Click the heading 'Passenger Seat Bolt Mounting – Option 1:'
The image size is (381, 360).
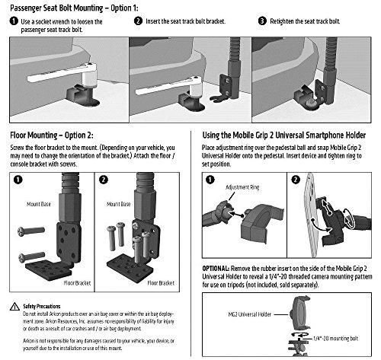tap(74, 8)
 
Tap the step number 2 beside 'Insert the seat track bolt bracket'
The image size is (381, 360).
tap(138, 21)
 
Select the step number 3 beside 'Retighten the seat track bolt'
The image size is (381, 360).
tap(262, 21)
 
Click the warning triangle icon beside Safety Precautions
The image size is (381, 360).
tap(14, 307)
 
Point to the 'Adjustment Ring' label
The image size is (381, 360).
tap(242, 187)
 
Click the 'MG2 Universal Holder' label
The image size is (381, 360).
tap(250, 314)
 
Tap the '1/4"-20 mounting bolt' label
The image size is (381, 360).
tap(335, 339)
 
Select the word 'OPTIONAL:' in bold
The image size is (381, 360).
tap(216, 269)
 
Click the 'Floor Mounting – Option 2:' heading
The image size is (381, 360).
tap(52, 135)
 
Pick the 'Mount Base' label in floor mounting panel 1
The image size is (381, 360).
tap(39, 204)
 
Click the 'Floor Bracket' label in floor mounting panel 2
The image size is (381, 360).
tap(161, 283)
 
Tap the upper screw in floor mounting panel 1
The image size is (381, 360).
tap(31, 231)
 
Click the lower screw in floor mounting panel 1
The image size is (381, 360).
tap(31, 256)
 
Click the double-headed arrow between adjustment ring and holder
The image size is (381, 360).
tap(236, 214)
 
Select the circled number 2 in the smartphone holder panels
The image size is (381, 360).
tap(296, 180)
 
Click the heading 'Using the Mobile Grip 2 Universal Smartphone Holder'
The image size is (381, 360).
tap(284, 135)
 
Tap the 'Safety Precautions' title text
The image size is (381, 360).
tap(42, 306)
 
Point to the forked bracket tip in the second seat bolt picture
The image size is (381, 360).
tap(216, 98)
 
